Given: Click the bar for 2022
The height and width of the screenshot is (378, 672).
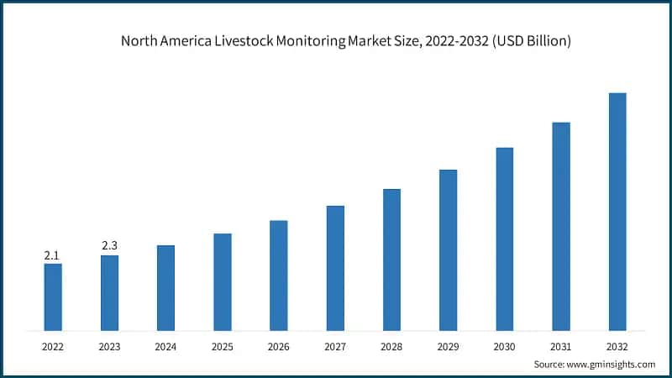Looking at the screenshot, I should [x=53, y=297].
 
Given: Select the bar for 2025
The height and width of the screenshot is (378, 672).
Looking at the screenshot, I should [x=223, y=281].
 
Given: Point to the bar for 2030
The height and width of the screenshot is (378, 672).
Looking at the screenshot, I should [x=504, y=239].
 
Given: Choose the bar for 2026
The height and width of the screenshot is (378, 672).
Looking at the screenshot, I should [x=279, y=275].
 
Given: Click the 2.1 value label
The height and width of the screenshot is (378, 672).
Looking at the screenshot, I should [x=53, y=255].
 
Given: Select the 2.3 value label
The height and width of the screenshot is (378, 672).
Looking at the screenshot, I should [x=109, y=245].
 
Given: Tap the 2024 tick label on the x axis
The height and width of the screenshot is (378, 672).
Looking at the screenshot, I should [x=165, y=346].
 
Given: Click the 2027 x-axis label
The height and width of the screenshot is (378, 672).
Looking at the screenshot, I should [x=335, y=346].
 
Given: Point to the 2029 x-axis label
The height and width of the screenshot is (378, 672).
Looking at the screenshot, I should [x=448, y=346].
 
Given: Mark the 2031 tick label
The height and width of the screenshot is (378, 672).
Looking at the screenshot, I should [x=561, y=346].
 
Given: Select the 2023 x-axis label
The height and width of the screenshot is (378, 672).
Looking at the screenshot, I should [x=109, y=346].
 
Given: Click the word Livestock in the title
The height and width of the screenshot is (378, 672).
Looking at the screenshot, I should [x=238, y=41].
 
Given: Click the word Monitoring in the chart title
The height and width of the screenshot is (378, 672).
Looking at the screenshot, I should [x=308, y=41].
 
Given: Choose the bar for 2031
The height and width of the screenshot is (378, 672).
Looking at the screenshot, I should [x=561, y=226].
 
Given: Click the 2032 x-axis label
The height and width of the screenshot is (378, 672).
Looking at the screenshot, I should [x=617, y=346].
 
